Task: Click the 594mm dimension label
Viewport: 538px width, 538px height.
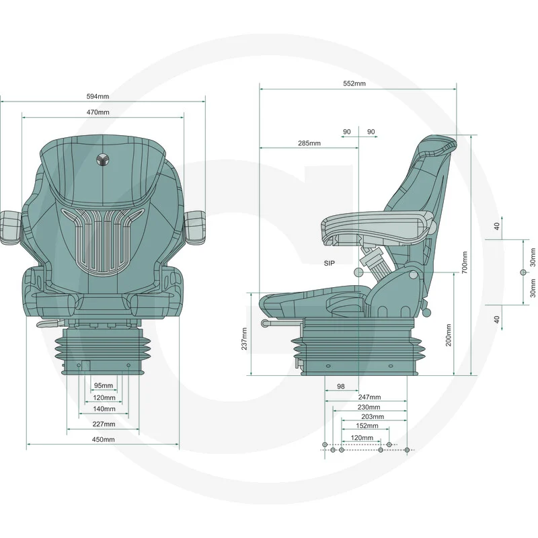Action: point(98,96)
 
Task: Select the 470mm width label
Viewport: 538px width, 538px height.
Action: point(98,112)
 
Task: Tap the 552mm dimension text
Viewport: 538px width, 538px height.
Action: point(354,83)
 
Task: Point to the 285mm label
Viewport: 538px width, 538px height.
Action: point(309,143)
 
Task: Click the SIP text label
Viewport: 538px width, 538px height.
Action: point(329,263)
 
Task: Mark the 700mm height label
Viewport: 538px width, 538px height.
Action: point(465,262)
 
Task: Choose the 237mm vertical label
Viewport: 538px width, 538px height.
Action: point(244,339)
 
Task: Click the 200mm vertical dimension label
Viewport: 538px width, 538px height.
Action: point(449,335)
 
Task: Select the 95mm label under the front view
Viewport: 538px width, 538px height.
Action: point(104,385)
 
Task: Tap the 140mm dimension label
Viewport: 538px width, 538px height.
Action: point(104,409)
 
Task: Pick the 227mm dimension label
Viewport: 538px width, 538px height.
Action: point(104,424)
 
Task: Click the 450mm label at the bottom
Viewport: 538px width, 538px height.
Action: point(103,439)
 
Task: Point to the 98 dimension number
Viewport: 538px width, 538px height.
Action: point(340,386)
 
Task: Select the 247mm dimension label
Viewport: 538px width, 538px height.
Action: point(369,397)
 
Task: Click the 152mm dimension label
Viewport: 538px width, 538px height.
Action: point(367,426)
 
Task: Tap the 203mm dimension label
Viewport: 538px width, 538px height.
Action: point(373,416)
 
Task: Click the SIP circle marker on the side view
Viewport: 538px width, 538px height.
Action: point(358,272)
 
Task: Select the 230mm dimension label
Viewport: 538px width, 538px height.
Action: point(369,407)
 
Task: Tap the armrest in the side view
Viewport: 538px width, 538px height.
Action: point(377,228)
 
